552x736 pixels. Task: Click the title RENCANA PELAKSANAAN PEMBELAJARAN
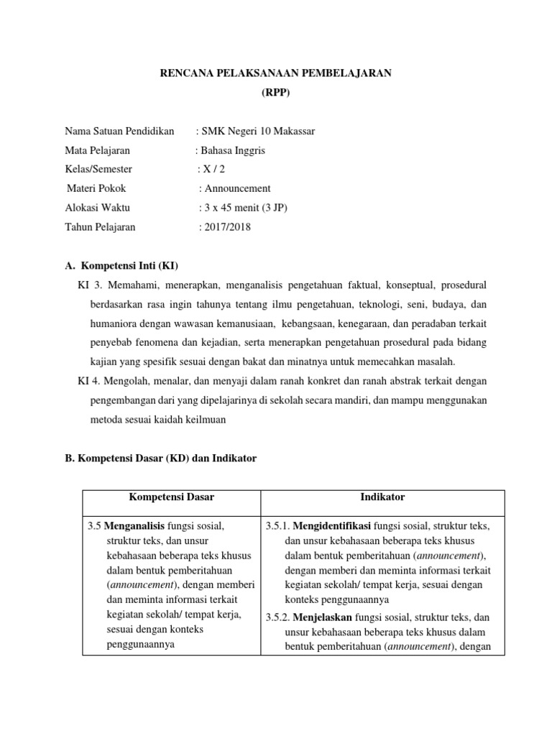point(275,75)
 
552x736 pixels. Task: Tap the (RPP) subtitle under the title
point(275,93)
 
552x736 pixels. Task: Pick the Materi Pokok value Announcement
point(237,188)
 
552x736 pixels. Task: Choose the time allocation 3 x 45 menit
point(246,208)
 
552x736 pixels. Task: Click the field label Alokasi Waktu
point(98,208)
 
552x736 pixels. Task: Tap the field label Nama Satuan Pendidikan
point(119,132)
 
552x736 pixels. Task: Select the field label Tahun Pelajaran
point(100,227)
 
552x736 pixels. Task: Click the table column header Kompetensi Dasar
point(171,497)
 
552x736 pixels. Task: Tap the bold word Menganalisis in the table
point(134,527)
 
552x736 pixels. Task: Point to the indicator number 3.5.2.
point(278,617)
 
